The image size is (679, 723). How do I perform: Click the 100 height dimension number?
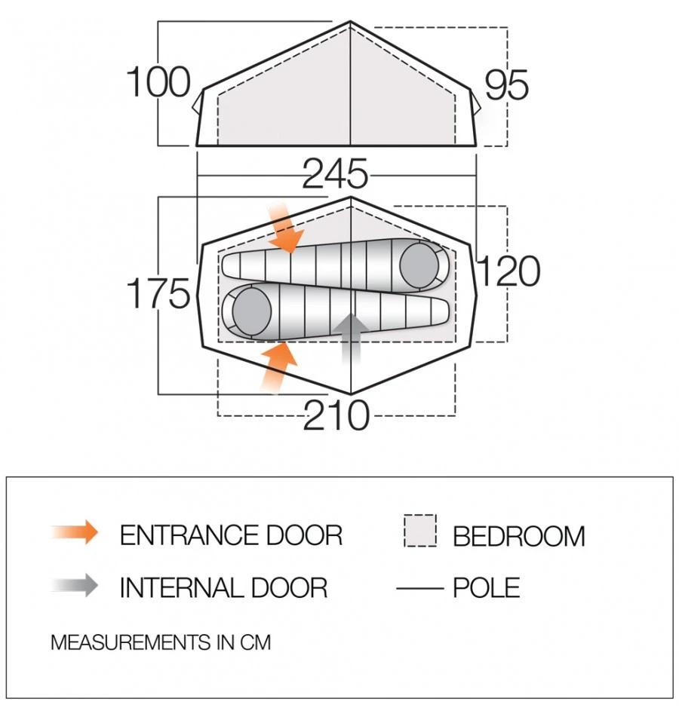point(158,82)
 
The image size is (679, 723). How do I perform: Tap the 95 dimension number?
point(506,85)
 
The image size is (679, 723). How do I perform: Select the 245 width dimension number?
point(335,173)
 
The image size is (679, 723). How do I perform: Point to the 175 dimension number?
point(158,293)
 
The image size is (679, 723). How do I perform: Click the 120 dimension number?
point(508,271)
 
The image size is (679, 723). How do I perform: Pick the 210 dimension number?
point(336,415)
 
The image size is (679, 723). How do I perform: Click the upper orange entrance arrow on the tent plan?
point(284,228)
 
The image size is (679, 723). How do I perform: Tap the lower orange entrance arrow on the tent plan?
point(278,367)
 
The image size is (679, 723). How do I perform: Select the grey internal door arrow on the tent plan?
point(352,339)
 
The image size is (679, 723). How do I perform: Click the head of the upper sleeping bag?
point(419,264)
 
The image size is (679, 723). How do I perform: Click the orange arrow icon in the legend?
point(75,532)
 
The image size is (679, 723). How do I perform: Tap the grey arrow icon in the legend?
point(75,586)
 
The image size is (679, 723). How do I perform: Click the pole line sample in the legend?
point(419,588)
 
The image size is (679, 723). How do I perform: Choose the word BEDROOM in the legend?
point(519,536)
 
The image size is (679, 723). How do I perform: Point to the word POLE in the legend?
point(486,587)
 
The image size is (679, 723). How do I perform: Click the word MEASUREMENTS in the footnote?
point(131,642)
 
